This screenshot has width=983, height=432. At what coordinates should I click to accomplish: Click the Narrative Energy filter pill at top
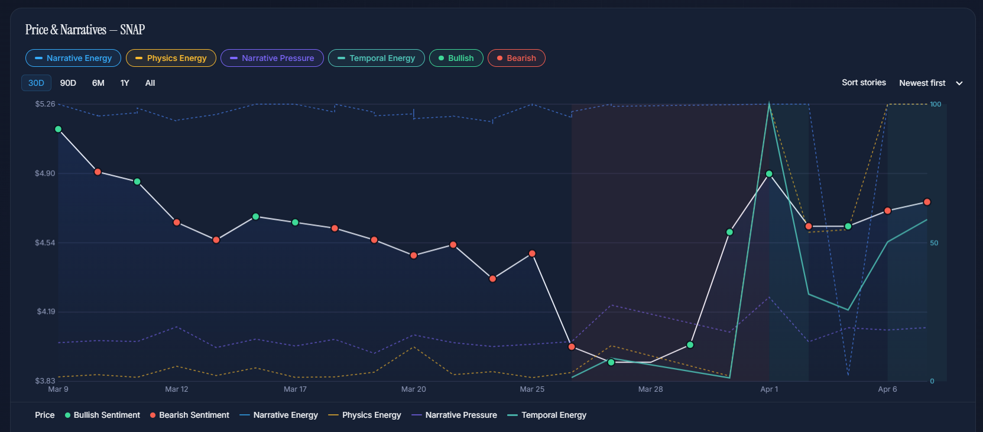pos(73,58)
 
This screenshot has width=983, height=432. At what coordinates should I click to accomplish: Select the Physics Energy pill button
pos(171,58)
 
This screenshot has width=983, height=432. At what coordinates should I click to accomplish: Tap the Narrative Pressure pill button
pos(272,58)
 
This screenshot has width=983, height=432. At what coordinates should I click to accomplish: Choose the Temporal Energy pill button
pos(376,58)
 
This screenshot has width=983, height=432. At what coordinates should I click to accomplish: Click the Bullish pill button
pos(456,58)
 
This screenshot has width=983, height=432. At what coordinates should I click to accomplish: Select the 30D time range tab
pos(36,83)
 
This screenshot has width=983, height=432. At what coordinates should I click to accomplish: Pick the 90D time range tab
pos(68,83)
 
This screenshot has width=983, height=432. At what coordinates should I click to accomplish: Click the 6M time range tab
pos(98,83)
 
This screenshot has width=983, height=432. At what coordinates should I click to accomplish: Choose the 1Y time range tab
pos(125,83)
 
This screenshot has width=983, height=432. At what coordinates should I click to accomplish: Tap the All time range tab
pos(150,83)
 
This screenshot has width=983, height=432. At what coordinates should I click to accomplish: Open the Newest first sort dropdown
pos(930,83)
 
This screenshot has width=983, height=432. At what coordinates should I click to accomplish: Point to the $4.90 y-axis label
pos(45,173)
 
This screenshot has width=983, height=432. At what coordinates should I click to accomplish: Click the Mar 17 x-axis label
pos(295,389)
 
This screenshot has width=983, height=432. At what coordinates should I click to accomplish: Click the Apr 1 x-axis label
pos(769,389)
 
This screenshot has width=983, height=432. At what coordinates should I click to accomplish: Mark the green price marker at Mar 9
pos(58,129)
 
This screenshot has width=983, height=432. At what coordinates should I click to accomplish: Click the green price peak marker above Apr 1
pos(769,174)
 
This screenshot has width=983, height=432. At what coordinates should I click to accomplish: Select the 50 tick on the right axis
pos(934,243)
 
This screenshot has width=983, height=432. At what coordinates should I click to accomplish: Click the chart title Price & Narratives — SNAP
pos(85,30)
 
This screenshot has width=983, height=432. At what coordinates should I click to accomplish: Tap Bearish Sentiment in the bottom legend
pos(189,415)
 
